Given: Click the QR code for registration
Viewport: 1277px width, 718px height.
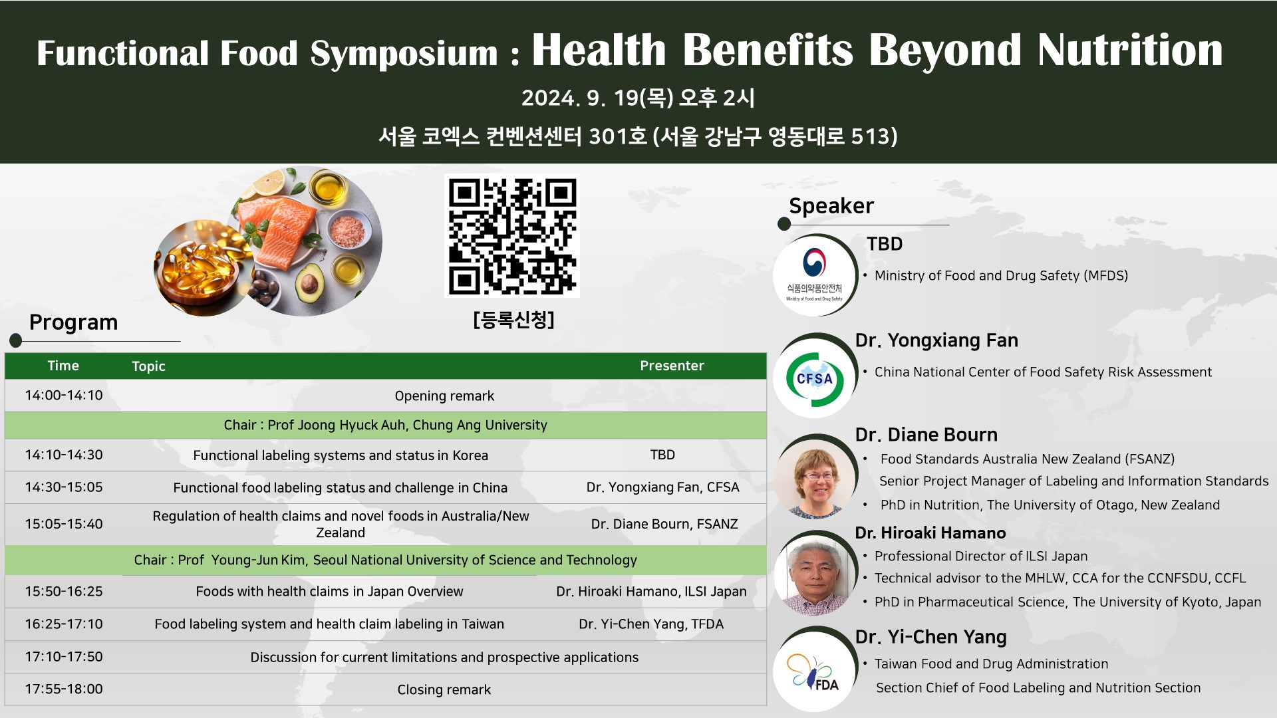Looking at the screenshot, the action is click(x=511, y=235).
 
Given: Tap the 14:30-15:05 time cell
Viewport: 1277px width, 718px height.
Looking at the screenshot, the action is click(x=64, y=487).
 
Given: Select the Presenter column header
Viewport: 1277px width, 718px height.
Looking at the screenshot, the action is click(x=672, y=366).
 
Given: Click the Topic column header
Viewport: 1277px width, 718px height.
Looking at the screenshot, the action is click(x=148, y=366).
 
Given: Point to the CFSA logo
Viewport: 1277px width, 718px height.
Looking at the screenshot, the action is click(x=815, y=378).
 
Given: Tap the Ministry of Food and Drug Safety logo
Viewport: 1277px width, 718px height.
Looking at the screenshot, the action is click(x=815, y=274).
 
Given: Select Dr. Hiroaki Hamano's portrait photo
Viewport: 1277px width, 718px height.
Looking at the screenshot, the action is click(x=815, y=573).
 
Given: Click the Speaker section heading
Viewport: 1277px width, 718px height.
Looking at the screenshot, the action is click(x=831, y=206).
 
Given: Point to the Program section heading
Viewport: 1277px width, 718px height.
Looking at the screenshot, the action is click(x=73, y=322).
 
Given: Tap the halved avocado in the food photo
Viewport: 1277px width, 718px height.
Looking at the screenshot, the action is click(x=309, y=282).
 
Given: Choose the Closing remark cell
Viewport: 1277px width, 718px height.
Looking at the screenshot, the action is click(x=444, y=690).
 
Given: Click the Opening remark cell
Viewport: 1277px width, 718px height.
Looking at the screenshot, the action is click(x=444, y=396).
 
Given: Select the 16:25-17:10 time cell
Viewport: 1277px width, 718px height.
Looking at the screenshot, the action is click(x=64, y=624).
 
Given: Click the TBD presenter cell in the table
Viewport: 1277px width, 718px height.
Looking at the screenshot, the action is click(x=662, y=455).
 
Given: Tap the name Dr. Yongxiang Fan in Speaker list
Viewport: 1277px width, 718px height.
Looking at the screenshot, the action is click(x=936, y=340).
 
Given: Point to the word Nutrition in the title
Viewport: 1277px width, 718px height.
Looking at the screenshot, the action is click(x=1130, y=50).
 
